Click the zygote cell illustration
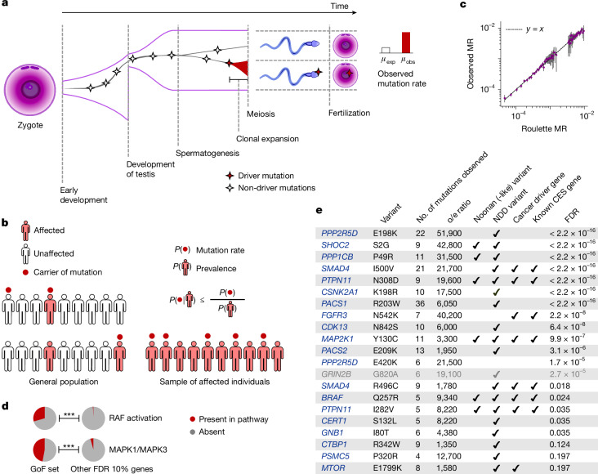point(29,90)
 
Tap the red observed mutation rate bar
point(406,42)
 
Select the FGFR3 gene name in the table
point(334,315)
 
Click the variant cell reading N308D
point(386,280)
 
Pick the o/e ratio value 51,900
point(449,233)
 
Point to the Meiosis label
point(261,114)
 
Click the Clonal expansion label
point(267,139)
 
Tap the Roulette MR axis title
point(544,128)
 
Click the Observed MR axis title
point(471,64)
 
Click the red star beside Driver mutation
point(230,176)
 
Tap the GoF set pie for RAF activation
point(45,418)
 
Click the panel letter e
point(319,210)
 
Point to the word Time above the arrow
point(339,6)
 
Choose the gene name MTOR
point(333,468)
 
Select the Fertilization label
point(349,113)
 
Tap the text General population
point(64,382)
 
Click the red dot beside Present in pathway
point(193,419)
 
